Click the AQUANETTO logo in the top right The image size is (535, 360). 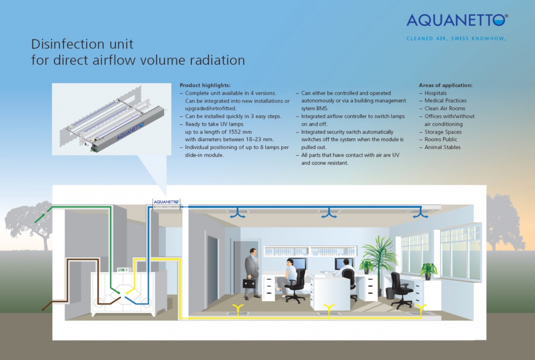(x=457, y=21)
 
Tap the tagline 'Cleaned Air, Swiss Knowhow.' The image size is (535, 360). (x=456, y=38)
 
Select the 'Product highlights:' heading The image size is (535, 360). (x=205, y=85)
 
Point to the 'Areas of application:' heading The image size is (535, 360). (x=446, y=85)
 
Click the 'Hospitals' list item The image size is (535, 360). (x=436, y=93)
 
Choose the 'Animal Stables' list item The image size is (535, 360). (x=442, y=147)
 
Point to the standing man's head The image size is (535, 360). (x=253, y=252)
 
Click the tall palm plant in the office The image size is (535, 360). (x=379, y=256)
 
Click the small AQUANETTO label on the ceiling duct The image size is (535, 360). (x=166, y=202)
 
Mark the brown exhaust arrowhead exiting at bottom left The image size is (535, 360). (x=44, y=309)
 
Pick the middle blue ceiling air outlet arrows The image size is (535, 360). (x=329, y=214)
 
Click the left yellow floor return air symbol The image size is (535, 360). (x=238, y=308)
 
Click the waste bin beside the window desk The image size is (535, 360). (x=390, y=293)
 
